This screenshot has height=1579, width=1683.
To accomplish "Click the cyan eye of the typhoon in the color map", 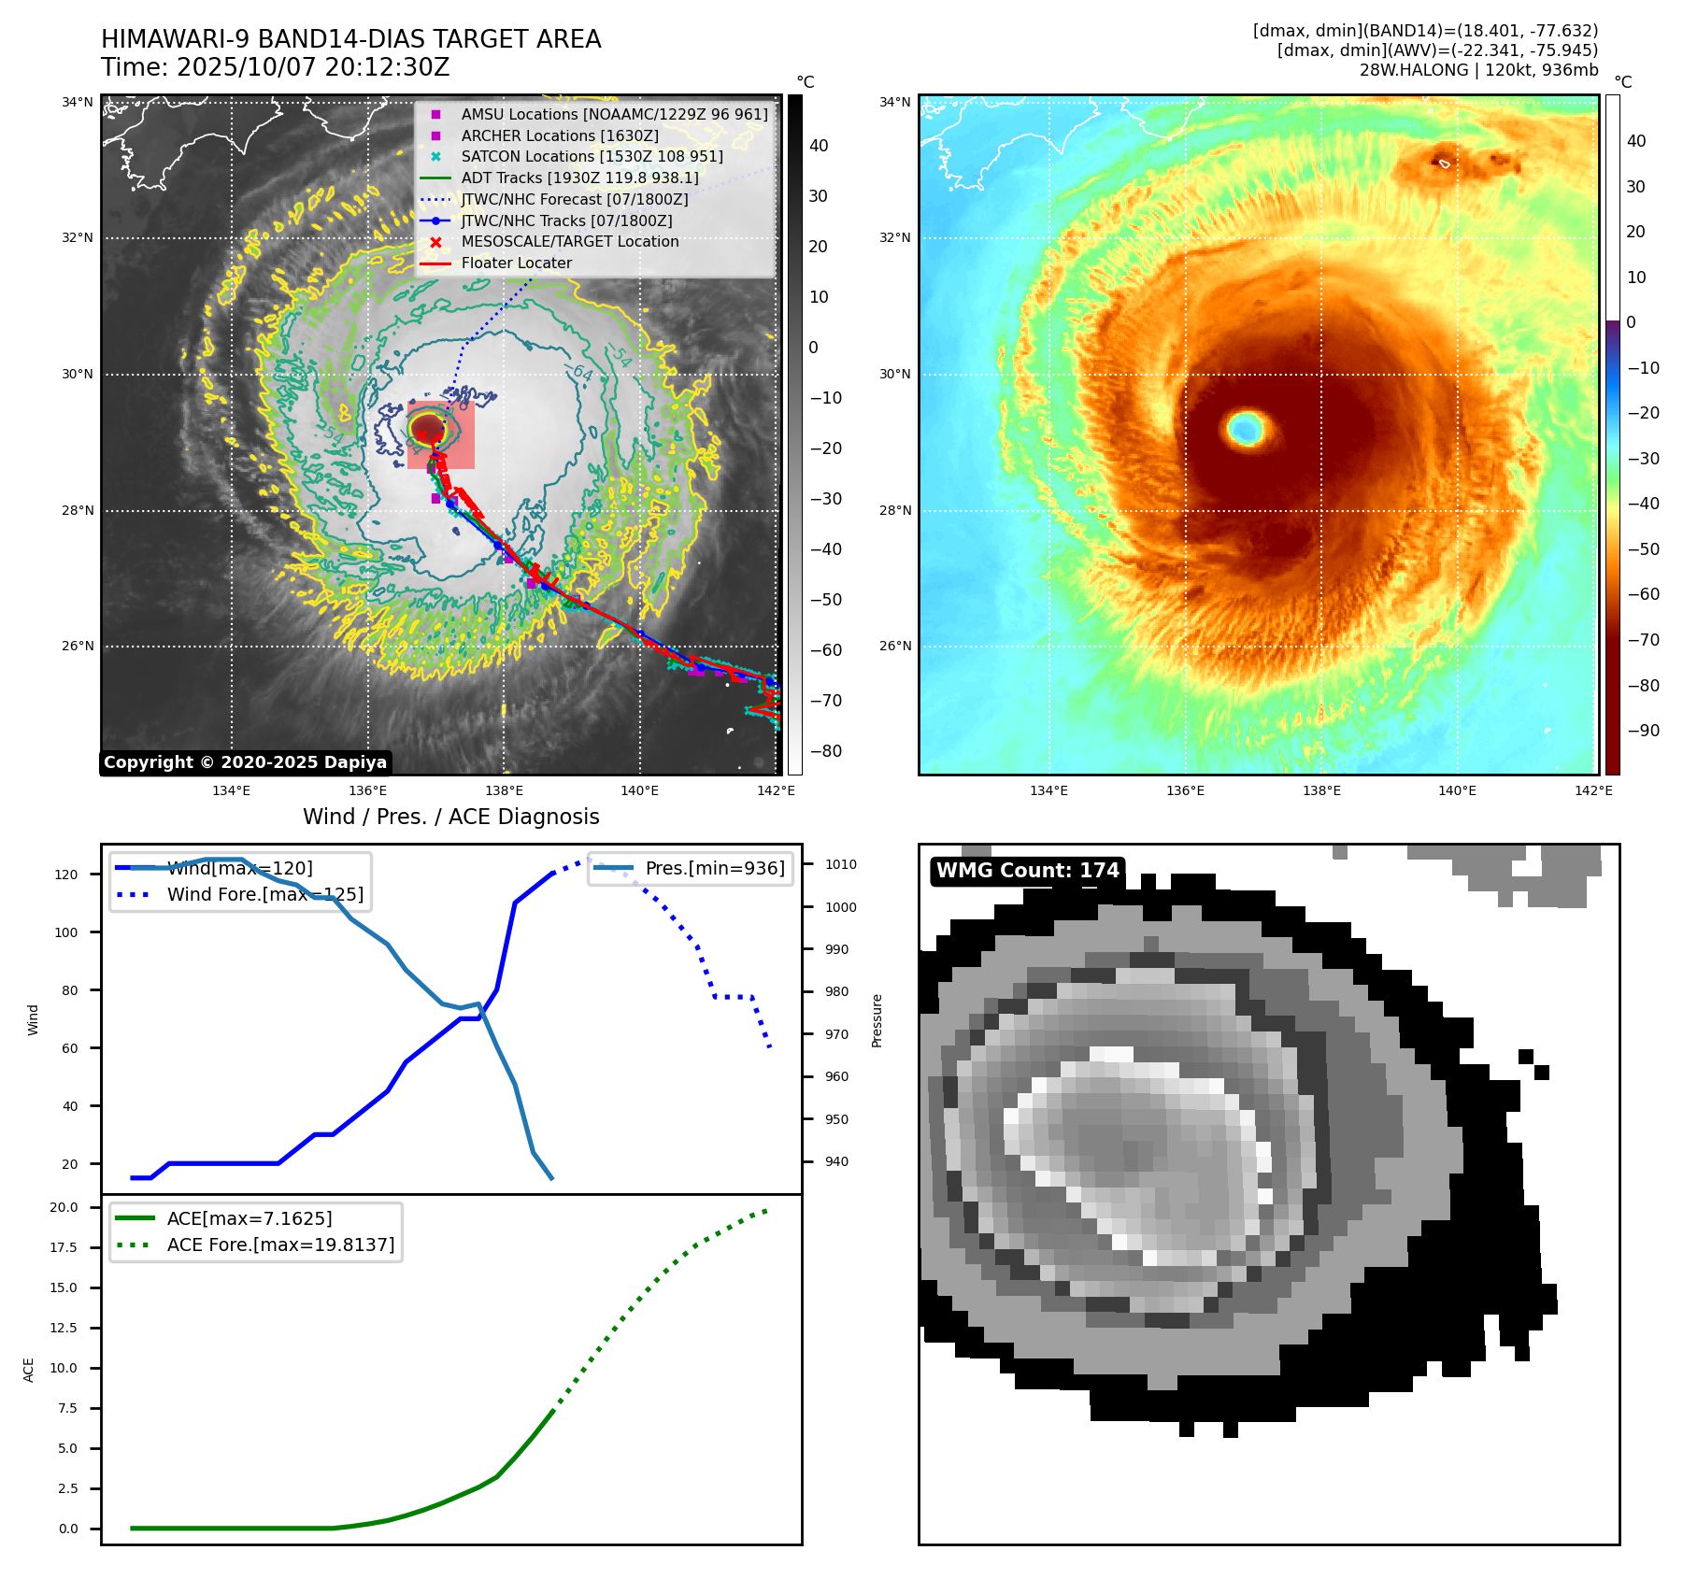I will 1245,429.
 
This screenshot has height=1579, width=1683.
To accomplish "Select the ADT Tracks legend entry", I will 579,178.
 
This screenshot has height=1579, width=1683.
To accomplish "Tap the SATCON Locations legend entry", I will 592,156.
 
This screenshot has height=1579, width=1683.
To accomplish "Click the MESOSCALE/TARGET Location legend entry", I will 569,241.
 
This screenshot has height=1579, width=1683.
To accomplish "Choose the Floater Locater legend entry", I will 516,263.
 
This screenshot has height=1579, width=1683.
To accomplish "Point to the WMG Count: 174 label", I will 1027,871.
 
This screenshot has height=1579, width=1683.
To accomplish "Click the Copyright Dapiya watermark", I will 245,762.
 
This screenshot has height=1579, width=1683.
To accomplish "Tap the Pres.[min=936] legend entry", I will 715,868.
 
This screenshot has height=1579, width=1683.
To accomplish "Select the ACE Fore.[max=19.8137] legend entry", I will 280,1245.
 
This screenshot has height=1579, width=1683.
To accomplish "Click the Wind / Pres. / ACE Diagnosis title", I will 450,817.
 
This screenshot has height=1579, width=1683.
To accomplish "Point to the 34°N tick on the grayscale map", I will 78,102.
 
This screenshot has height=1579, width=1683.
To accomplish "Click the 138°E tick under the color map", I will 1321,790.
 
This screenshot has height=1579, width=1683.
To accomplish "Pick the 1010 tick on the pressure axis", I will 840,864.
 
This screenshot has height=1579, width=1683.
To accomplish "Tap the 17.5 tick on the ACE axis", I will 64,1247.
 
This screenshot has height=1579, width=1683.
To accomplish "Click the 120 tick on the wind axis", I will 66,875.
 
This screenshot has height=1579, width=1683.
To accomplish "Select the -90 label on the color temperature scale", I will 1643,731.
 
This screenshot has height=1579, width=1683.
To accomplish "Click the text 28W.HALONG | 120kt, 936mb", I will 1478,70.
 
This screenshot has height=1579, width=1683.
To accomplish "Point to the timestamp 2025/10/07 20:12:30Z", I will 313,67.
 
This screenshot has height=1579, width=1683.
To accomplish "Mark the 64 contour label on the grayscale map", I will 582,373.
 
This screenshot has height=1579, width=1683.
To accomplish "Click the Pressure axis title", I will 877,1020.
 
